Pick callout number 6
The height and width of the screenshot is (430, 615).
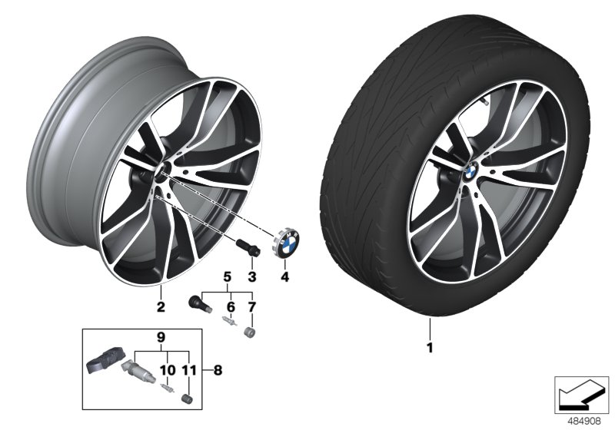pyautogui.click(x=228, y=307)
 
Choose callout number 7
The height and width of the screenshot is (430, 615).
pyautogui.click(x=250, y=307)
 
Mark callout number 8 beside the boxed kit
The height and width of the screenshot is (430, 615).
pyautogui.click(x=218, y=370)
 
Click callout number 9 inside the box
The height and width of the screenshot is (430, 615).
pyautogui.click(x=161, y=336)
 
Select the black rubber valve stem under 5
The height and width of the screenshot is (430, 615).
pyautogui.click(x=198, y=303)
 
